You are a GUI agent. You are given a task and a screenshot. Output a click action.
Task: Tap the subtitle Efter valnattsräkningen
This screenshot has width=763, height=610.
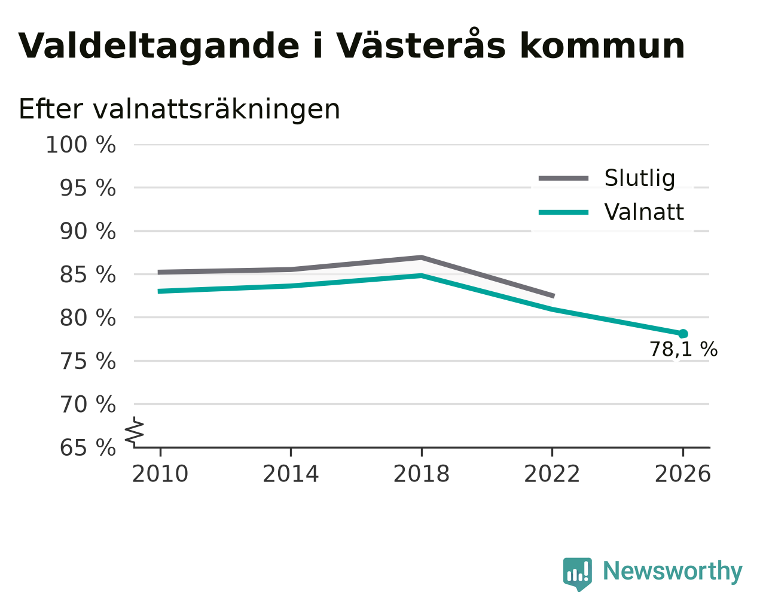click(179, 109)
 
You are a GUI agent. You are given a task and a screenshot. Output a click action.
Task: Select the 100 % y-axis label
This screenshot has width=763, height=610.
click(81, 145)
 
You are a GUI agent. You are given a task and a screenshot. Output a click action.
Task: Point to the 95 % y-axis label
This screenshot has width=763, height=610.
click(87, 188)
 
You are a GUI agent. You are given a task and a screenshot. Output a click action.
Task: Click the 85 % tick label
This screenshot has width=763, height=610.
click(87, 274)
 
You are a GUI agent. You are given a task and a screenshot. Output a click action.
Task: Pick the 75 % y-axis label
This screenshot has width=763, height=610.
click(87, 361)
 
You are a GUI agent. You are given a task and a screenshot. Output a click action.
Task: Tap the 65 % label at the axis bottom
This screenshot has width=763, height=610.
click(87, 447)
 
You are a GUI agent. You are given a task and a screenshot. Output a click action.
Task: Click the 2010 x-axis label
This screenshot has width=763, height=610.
click(160, 474)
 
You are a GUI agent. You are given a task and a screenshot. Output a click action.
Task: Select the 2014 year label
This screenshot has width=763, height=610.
click(291, 474)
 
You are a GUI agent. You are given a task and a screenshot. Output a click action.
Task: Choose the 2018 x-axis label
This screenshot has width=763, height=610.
click(422, 474)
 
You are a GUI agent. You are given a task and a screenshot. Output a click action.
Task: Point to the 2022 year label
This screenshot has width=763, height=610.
click(552, 474)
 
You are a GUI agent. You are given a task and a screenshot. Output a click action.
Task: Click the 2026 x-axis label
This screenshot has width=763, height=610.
click(683, 474)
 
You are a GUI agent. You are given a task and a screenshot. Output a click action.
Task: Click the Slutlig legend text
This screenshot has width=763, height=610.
click(640, 178)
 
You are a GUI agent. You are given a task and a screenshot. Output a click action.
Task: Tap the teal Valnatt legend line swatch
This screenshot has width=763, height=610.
click(563, 212)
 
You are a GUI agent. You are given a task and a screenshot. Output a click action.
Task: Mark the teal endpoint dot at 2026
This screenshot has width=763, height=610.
click(683, 334)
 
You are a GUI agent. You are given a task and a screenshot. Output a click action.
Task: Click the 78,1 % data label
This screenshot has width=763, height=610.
click(683, 349)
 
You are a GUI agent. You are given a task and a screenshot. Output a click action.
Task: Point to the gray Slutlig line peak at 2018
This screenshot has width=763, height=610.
click(422, 258)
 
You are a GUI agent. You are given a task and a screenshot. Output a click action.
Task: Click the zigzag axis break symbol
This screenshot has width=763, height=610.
click(135, 431)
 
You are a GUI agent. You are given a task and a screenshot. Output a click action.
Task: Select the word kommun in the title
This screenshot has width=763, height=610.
click(602, 46)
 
